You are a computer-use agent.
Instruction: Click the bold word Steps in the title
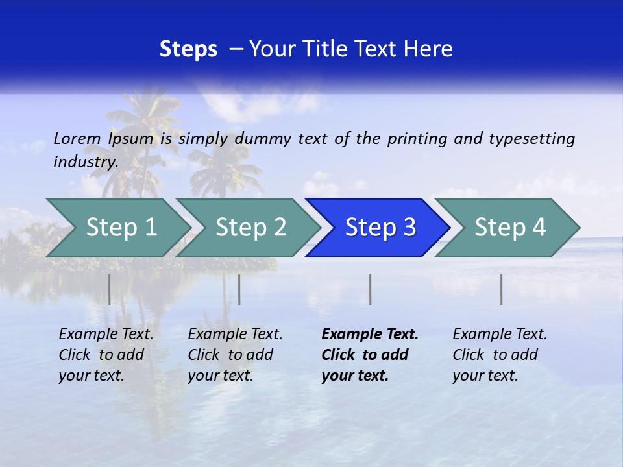(x=188, y=49)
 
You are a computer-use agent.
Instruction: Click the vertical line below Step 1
(x=110, y=289)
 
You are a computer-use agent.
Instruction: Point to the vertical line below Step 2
(x=239, y=289)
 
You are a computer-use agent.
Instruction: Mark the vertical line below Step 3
(x=371, y=289)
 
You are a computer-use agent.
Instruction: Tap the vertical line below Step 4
(x=502, y=289)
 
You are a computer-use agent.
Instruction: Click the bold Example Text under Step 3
(x=370, y=335)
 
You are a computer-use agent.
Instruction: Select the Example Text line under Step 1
(x=106, y=335)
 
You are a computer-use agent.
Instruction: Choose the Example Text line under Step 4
(x=500, y=335)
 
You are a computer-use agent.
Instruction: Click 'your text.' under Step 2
(x=220, y=376)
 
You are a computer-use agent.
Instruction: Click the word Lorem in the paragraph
(x=77, y=139)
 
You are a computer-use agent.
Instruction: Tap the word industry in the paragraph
(x=85, y=162)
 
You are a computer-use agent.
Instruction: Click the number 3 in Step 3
(x=409, y=228)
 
